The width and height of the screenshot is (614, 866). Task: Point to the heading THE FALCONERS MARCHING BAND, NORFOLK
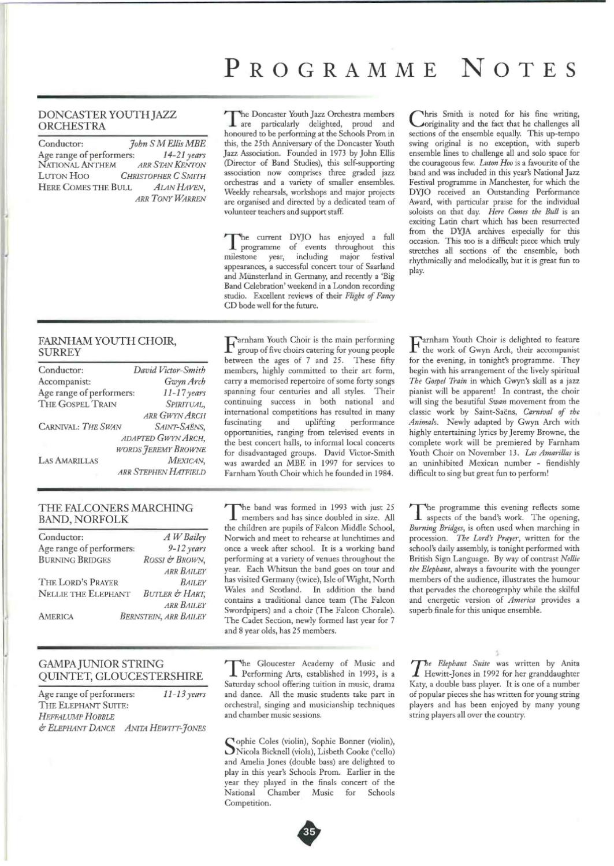pyautogui.click(x=116, y=513)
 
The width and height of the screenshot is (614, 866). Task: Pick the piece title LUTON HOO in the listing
pyautogui.click(x=64, y=176)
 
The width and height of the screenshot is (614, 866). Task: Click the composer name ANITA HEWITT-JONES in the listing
pyautogui.click(x=166, y=728)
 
